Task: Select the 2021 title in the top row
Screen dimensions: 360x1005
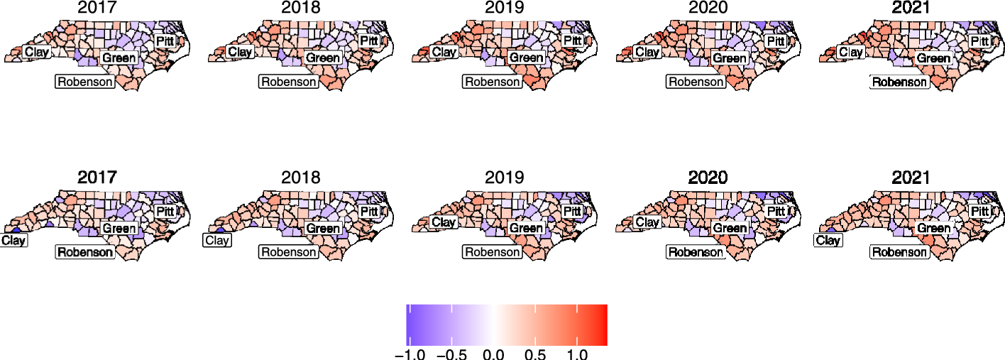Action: [911, 9]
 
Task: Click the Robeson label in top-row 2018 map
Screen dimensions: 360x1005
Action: [289, 82]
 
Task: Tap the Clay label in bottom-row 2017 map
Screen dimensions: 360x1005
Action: [13, 240]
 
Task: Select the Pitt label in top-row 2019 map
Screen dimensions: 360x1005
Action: [572, 40]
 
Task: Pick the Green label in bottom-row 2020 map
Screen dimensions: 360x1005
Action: [730, 228]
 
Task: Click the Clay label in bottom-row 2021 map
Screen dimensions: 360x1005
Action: [828, 240]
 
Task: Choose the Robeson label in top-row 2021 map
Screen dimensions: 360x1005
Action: [899, 82]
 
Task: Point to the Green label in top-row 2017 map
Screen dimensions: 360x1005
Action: [119, 57]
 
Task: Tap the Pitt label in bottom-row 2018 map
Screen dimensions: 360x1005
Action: [368, 211]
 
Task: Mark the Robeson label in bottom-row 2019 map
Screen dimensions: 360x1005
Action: [491, 251]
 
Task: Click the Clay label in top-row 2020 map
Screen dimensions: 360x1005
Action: [647, 52]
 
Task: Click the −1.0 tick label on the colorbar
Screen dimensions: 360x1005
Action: [410, 353]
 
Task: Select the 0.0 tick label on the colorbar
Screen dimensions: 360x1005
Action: [493, 353]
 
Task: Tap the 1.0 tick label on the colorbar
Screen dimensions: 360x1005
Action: [577, 353]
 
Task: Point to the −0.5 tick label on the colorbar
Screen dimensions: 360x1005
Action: [451, 353]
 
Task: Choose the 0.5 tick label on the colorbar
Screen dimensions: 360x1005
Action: [535, 353]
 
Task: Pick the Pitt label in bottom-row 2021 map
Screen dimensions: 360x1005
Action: [980, 211]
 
